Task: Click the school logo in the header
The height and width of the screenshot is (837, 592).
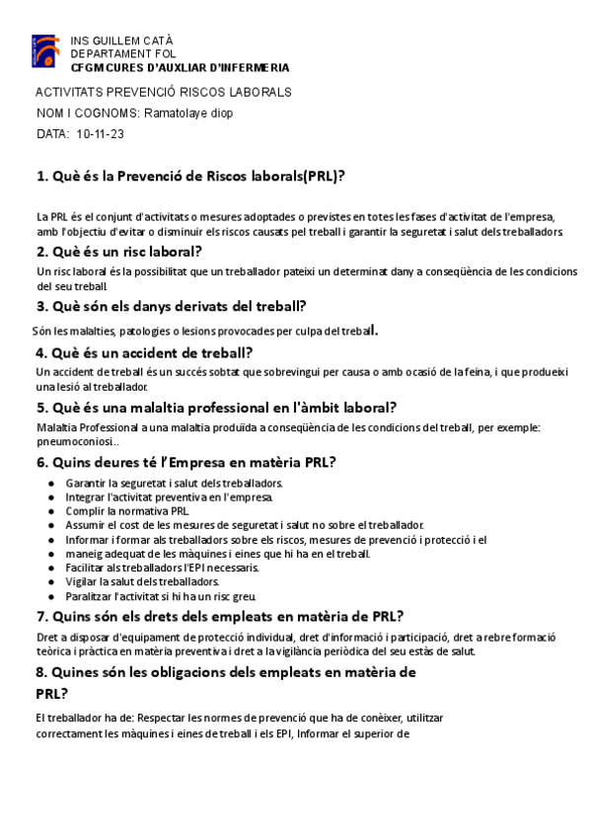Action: pyautogui.click(x=45, y=50)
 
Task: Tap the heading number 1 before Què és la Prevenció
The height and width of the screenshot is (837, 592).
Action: pyautogui.click(x=40, y=177)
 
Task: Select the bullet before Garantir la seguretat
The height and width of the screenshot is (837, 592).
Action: pyautogui.click(x=51, y=484)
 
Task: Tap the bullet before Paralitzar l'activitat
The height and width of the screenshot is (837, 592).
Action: pyautogui.click(x=51, y=597)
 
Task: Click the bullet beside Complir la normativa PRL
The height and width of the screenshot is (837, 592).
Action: pyautogui.click(x=51, y=511)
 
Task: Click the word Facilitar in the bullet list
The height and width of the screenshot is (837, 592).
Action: pyautogui.click(x=88, y=568)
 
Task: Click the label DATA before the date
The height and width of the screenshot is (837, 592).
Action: pyautogui.click(x=52, y=133)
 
